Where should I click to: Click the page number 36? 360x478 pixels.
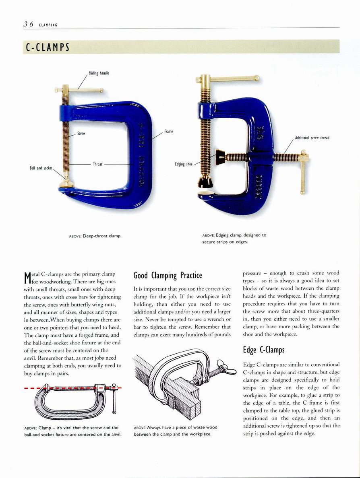(x=28, y=24)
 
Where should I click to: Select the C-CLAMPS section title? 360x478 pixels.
(x=48, y=47)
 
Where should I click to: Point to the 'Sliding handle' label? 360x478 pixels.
(x=99, y=73)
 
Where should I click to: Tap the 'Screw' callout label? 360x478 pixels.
(x=81, y=133)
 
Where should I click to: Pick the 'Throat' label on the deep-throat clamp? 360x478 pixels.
(x=97, y=164)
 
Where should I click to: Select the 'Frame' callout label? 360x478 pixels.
(x=168, y=132)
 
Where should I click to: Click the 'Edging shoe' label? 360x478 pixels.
(x=184, y=164)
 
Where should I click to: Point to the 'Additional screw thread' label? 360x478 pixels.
(x=312, y=138)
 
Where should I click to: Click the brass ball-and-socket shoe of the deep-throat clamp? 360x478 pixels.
(x=66, y=184)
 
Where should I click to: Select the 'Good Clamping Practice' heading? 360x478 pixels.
(x=168, y=276)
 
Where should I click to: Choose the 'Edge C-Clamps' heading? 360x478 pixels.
(x=263, y=350)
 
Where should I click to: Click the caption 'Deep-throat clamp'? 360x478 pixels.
(x=95, y=235)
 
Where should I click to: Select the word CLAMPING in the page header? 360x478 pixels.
(x=48, y=25)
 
